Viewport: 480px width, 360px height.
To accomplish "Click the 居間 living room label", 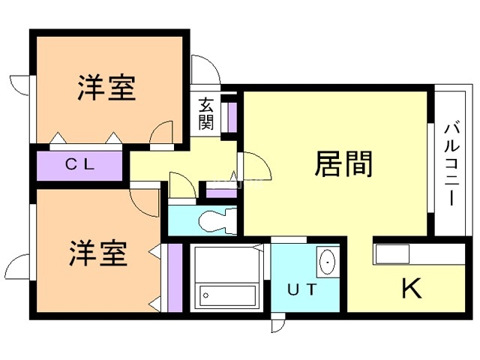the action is pos(343,163).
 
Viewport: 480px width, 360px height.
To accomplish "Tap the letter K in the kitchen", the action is pos(412,288).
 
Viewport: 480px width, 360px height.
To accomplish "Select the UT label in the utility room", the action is pos(302,289).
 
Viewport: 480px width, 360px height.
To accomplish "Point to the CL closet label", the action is pos(79,165).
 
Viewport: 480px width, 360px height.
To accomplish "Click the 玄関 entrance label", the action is pos(205,114).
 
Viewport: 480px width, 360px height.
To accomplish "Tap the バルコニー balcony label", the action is pos(452,164).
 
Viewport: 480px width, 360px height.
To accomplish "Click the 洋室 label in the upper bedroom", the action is pos(106,87).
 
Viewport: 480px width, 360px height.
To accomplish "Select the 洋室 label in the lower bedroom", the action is pos(98,253).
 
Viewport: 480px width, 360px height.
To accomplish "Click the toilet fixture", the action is pos(217,220).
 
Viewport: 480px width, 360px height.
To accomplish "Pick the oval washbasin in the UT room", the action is pos(328,262).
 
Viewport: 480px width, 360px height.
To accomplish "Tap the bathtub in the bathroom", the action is pos(227,295).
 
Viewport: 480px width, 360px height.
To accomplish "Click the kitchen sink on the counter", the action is pos(391,253).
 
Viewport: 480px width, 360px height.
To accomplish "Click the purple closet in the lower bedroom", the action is pos(175,277).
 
